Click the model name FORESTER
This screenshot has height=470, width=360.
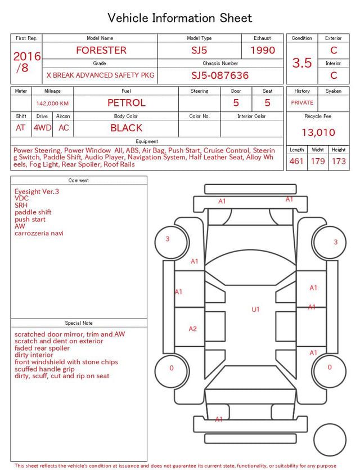(101, 50)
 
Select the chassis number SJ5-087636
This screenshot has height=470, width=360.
(220, 75)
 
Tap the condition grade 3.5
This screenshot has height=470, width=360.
(302, 63)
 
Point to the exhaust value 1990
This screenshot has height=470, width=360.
(263, 50)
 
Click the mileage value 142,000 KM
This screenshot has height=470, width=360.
(52, 104)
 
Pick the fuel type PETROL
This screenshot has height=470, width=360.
(127, 103)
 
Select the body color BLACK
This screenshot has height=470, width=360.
(127, 128)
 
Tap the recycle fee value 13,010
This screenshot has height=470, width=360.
(318, 132)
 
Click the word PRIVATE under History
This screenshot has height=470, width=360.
(302, 102)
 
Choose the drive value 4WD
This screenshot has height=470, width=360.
(42, 128)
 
